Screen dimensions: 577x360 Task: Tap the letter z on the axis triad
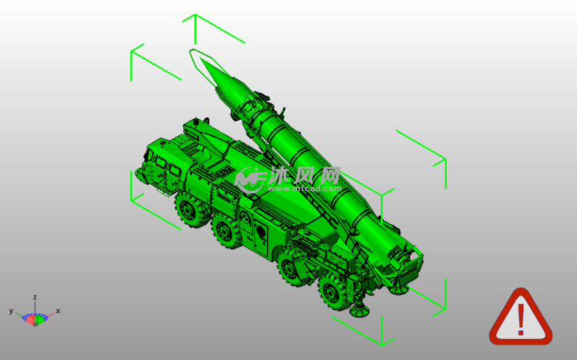tap(35, 297)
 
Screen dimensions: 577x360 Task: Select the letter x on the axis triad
tap(58, 310)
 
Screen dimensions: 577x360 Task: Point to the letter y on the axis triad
tap(11, 311)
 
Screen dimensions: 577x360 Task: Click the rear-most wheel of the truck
tap(333, 292)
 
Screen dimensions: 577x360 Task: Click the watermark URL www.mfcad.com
tap(305, 188)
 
